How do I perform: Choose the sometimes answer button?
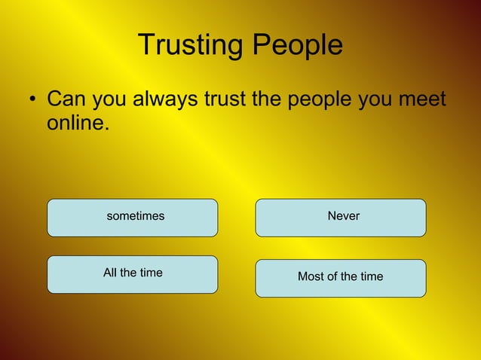pos(133,218)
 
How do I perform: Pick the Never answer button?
pos(341,218)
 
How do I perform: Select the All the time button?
pos(133,274)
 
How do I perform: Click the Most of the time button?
pos(341,278)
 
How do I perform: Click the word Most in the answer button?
pos(311,276)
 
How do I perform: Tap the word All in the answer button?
pos(111,273)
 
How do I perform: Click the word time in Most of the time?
pos(370,276)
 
